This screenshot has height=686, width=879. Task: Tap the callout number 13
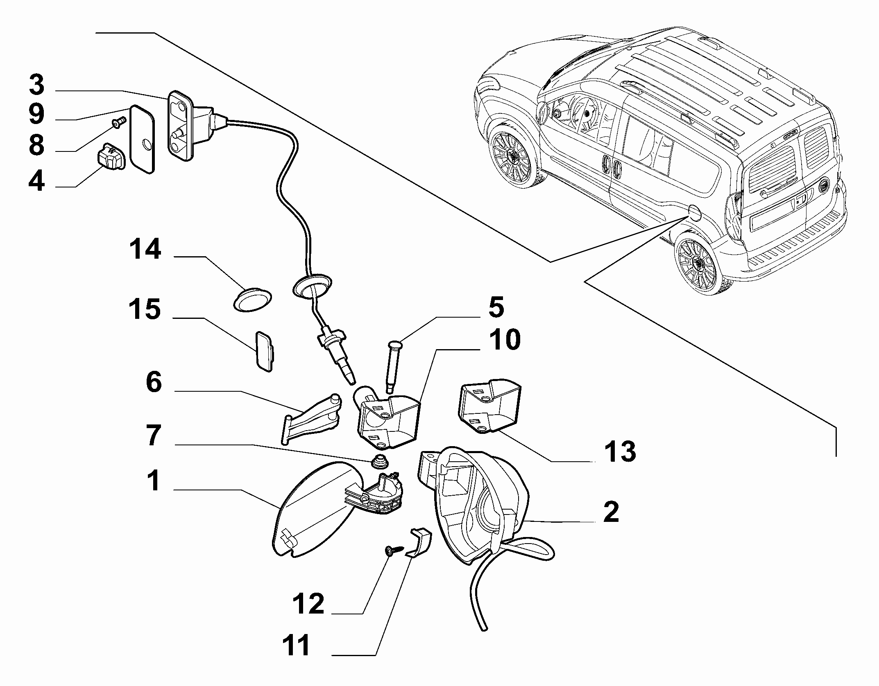tap(620, 451)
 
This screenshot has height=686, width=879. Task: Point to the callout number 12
tap(308, 604)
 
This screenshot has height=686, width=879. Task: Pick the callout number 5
tap(496, 308)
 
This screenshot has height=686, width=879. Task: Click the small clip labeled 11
tap(419, 543)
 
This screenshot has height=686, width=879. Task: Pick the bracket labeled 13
tap(489, 405)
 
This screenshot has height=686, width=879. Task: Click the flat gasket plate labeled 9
tap(143, 140)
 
